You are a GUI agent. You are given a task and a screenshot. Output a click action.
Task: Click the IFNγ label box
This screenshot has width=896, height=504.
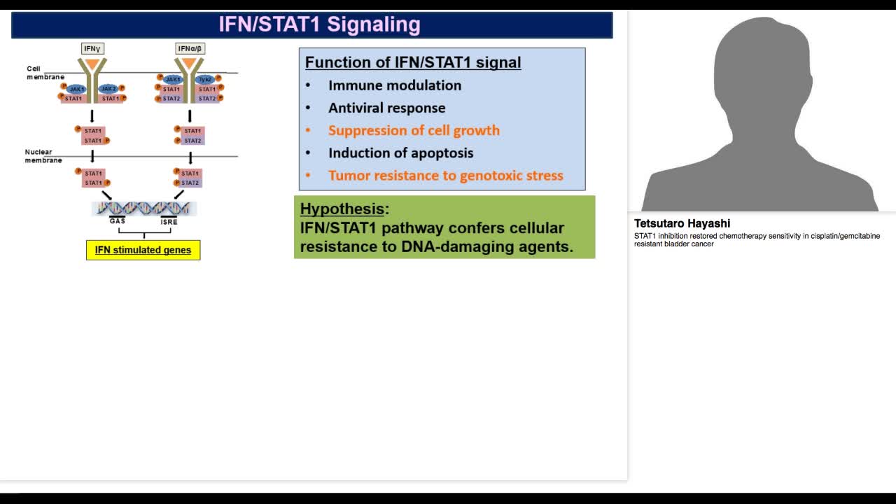(92, 48)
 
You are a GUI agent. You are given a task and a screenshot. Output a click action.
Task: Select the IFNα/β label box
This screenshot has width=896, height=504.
(190, 48)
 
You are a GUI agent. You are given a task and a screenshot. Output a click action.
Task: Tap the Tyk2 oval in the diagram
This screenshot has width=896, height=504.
(206, 80)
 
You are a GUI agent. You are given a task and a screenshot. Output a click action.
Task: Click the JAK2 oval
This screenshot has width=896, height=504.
(108, 89)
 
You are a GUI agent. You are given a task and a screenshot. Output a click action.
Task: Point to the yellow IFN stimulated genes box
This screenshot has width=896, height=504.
(143, 250)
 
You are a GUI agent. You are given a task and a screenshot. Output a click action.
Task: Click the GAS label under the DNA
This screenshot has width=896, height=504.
(117, 221)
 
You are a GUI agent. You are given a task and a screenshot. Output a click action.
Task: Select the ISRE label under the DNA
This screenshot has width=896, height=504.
(169, 222)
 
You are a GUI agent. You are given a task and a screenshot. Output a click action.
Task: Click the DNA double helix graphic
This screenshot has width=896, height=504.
(143, 208)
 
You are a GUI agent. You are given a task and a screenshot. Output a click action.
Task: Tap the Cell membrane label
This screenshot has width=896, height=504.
(45, 73)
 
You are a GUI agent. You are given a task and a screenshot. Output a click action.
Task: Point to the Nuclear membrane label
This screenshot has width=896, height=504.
(43, 156)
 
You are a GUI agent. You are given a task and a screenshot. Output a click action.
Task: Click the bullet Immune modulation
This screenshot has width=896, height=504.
(394, 85)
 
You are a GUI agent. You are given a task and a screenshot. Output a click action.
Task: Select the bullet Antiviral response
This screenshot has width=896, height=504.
(386, 108)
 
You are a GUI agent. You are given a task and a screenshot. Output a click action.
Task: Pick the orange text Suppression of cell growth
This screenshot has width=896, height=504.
(414, 130)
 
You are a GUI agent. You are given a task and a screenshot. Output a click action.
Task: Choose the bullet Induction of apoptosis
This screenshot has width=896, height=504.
(400, 153)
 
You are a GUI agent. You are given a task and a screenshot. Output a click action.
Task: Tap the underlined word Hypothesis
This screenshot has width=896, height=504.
(342, 209)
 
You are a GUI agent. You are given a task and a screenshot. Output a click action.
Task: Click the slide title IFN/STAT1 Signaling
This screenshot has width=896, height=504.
(319, 24)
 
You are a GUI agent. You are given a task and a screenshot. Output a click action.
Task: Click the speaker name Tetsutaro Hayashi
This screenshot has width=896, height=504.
(682, 223)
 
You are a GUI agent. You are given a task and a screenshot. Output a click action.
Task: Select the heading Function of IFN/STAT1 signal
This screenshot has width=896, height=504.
(413, 62)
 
